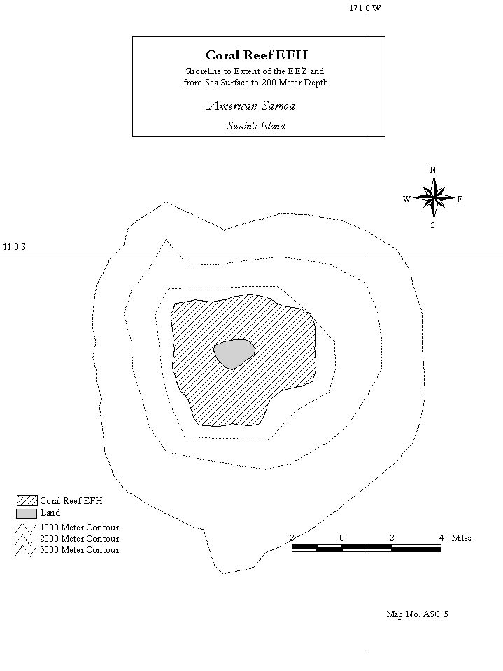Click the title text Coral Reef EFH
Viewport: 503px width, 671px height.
point(257,55)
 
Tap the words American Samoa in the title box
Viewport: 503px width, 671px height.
point(251,106)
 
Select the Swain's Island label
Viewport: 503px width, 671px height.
point(256,126)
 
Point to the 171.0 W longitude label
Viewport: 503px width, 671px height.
point(365,8)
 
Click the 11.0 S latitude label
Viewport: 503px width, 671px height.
point(14,247)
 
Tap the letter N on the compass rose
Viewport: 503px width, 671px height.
point(433,170)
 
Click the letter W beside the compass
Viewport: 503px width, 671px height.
point(406,199)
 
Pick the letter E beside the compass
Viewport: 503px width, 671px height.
point(460,199)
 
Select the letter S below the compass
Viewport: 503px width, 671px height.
point(433,225)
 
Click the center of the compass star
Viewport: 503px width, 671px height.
point(433,198)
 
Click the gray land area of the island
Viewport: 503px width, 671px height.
point(234,353)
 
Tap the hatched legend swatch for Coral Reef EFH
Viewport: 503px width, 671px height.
point(27,501)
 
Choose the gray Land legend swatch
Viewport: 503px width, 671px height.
point(27,514)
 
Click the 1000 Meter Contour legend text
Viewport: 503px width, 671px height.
point(80,528)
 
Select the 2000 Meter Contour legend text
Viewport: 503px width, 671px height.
point(80,539)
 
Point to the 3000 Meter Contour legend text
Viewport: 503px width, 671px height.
point(80,550)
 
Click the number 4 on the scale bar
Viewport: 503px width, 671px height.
point(441,538)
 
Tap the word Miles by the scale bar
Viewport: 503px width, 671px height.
point(462,538)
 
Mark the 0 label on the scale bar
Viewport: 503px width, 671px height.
point(342,538)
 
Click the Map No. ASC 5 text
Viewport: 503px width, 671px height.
point(418,614)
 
